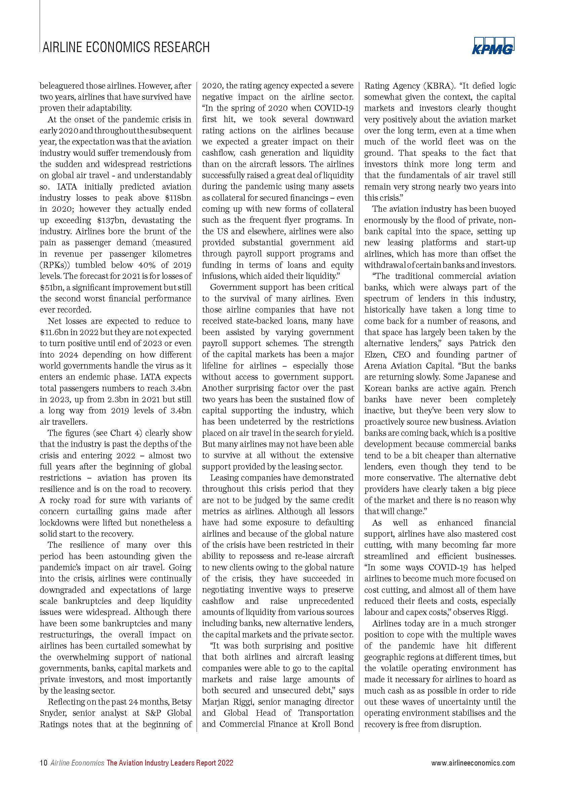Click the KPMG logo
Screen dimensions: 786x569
[493, 46]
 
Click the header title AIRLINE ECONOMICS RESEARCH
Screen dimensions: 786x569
[126, 47]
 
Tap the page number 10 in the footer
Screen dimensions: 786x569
[43, 763]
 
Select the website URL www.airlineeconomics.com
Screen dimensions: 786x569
[473, 763]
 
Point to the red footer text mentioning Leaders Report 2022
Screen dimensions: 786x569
[170, 763]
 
